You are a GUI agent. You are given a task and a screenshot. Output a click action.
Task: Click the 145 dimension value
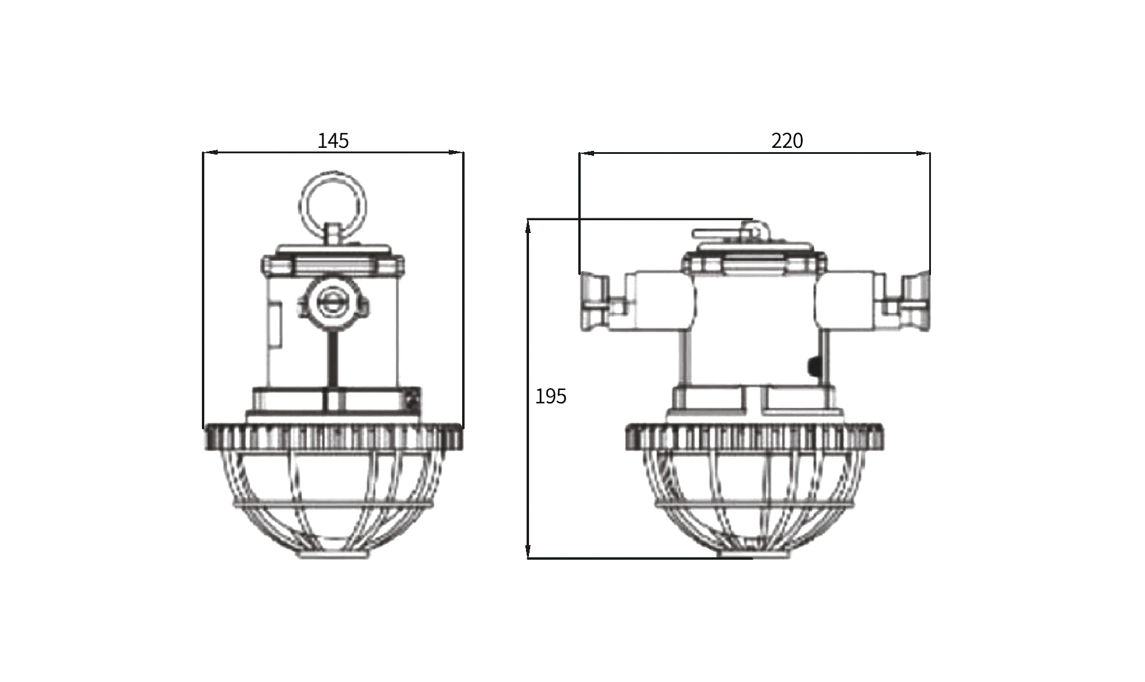(x=333, y=141)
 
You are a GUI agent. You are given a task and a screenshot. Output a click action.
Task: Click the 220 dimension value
(x=787, y=141)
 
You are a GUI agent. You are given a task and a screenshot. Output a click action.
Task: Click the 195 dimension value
(x=550, y=396)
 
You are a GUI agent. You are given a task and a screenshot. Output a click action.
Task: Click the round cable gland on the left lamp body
(x=332, y=301)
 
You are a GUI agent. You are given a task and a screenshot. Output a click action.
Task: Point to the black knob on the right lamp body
(x=812, y=366)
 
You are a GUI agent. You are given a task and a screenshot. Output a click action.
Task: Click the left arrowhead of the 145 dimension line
(x=210, y=153)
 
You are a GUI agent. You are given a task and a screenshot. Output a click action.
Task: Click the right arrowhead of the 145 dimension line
(x=455, y=153)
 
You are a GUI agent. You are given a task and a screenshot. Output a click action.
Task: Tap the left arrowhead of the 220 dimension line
(x=587, y=153)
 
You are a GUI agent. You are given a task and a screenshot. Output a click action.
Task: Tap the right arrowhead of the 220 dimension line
(x=922, y=153)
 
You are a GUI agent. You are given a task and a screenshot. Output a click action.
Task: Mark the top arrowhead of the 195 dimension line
(x=529, y=226)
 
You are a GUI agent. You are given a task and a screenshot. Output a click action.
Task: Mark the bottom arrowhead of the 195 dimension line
(x=529, y=550)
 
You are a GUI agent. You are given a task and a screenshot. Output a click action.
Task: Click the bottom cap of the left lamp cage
(x=332, y=554)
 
